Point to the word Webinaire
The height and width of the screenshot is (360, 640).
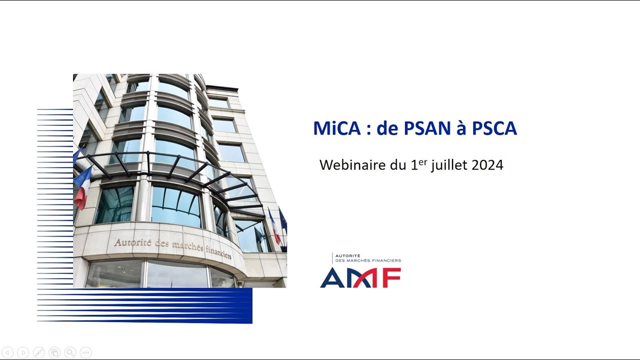pos(353,165)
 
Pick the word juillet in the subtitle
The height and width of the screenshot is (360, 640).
pos(448,165)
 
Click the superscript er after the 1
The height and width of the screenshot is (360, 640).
pos(423,161)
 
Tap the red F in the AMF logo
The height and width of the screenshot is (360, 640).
pos(390,277)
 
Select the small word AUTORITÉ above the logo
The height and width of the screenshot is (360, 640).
pos(348,255)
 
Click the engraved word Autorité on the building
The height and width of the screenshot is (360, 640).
pos(131,242)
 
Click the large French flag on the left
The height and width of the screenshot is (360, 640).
pos(82,187)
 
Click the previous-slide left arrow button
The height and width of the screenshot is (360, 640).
pos(7,352)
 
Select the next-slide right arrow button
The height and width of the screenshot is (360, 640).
pos(23,352)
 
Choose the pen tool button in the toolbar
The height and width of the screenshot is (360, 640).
pos(38,352)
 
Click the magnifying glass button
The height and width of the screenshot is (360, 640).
pos(70,352)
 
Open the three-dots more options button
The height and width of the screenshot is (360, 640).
pos(85,352)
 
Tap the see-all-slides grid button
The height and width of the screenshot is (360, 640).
pos(54,352)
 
